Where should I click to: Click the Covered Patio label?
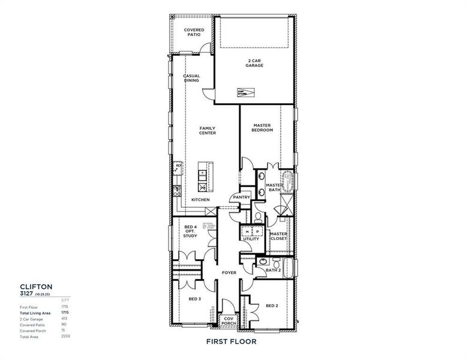[x=194, y=32]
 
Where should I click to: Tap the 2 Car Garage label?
[x=255, y=63]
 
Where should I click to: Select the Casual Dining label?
[x=191, y=78]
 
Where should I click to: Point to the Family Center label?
[x=208, y=130]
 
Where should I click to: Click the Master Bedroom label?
[x=263, y=128]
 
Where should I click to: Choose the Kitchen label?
[x=200, y=199]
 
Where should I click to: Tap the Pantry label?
[x=242, y=197]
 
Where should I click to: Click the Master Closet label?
[x=278, y=236]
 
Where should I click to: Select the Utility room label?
[x=251, y=239]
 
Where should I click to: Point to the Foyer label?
[x=229, y=273]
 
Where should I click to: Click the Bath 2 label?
[x=273, y=270]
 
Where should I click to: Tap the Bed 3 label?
[x=194, y=298]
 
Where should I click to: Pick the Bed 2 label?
[x=272, y=305]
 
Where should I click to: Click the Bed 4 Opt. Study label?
[x=191, y=231]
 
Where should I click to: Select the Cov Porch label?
[x=229, y=321]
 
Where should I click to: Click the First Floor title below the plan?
[x=231, y=341]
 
